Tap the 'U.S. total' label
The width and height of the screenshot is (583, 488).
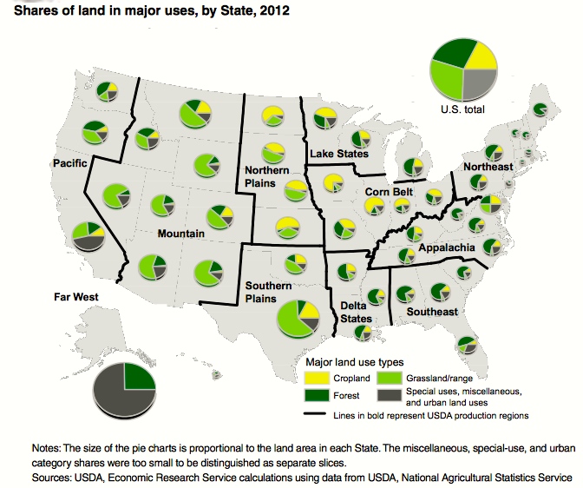[463, 110]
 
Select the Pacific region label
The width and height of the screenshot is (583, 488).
[68, 163]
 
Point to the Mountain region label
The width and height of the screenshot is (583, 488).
[180, 234]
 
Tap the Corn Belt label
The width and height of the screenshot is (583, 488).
[389, 192]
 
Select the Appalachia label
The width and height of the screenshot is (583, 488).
[446, 248]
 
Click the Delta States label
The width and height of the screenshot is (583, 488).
[353, 312]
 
